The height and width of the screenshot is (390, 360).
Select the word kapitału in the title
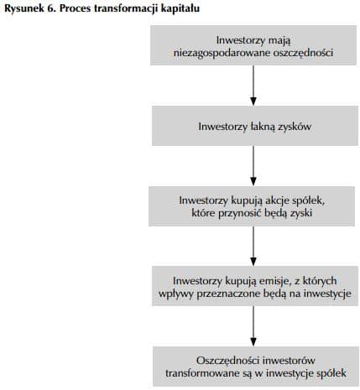point(181,7)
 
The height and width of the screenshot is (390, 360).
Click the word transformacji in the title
point(128,7)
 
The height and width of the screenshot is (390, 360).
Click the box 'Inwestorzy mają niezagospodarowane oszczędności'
point(253,46)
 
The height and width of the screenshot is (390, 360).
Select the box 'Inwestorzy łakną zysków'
point(253,127)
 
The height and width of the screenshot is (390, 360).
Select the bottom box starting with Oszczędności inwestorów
point(253,365)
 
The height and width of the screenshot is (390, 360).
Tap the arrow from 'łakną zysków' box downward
point(253,166)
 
